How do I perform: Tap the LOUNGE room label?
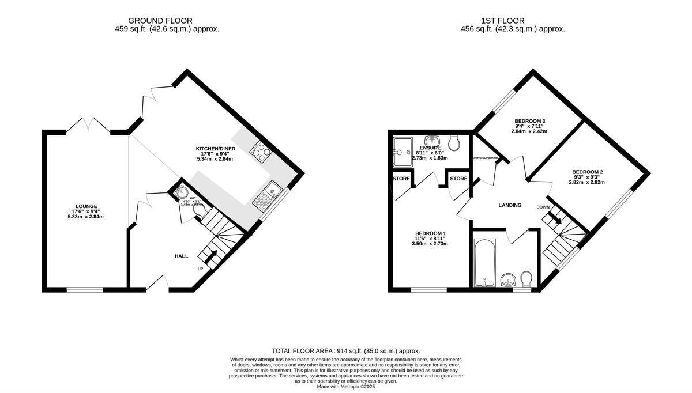(x=85, y=206)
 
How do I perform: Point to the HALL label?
(x=182, y=255)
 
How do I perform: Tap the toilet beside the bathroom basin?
(x=526, y=279)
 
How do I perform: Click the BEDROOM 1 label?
(x=430, y=234)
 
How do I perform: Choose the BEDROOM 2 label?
(x=588, y=172)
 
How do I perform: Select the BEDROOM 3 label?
(x=530, y=121)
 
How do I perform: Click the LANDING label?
(x=510, y=205)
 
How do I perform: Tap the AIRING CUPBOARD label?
(x=485, y=158)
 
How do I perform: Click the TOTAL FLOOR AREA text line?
(x=346, y=351)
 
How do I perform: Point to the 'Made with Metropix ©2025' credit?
(x=346, y=387)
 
